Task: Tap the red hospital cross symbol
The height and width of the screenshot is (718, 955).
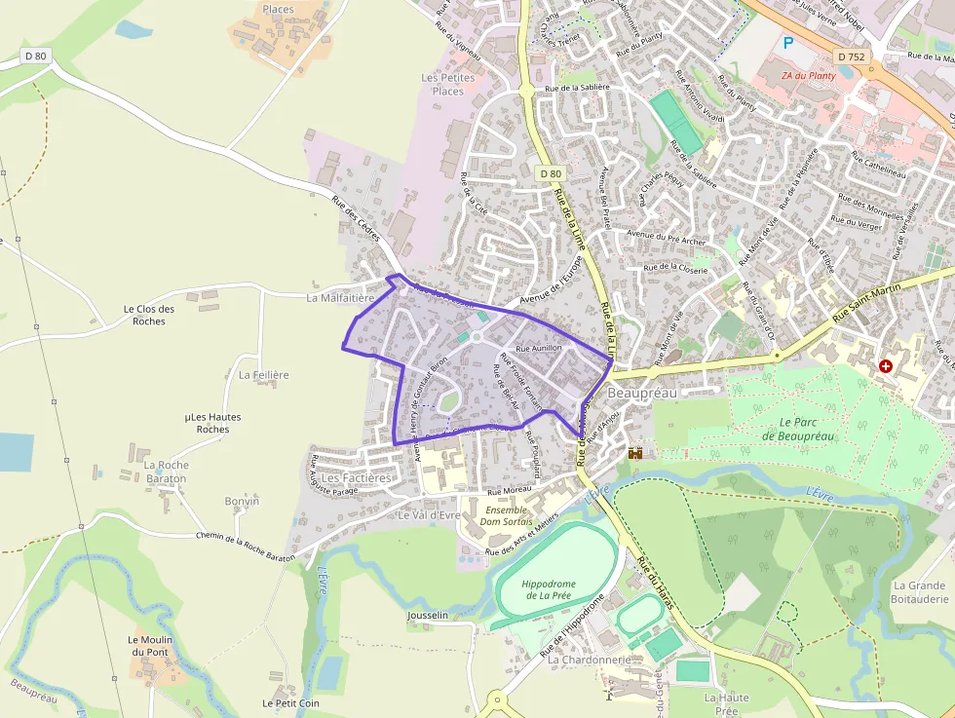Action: click(885, 367)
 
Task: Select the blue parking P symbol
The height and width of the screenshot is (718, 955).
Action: click(788, 43)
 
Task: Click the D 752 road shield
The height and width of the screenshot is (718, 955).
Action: click(851, 57)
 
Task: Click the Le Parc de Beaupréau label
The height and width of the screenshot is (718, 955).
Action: click(806, 429)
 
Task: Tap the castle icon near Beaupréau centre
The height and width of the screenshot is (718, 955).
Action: click(636, 453)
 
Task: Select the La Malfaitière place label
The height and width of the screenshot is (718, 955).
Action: click(340, 298)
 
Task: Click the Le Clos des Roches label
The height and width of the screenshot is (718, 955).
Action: click(149, 315)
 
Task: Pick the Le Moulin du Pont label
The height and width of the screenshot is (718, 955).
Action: click(149, 646)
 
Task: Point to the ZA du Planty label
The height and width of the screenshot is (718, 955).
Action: click(808, 75)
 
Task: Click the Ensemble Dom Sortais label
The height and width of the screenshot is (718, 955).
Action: click(506, 514)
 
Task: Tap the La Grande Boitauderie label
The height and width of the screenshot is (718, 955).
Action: click(919, 592)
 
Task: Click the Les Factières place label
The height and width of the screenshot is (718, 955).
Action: click(356, 478)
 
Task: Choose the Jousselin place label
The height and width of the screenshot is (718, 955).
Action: click(428, 616)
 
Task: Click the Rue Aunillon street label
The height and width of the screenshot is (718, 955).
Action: click(539, 348)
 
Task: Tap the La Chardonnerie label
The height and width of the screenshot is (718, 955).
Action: click(589, 660)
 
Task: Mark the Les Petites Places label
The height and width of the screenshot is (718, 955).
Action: click(448, 84)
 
